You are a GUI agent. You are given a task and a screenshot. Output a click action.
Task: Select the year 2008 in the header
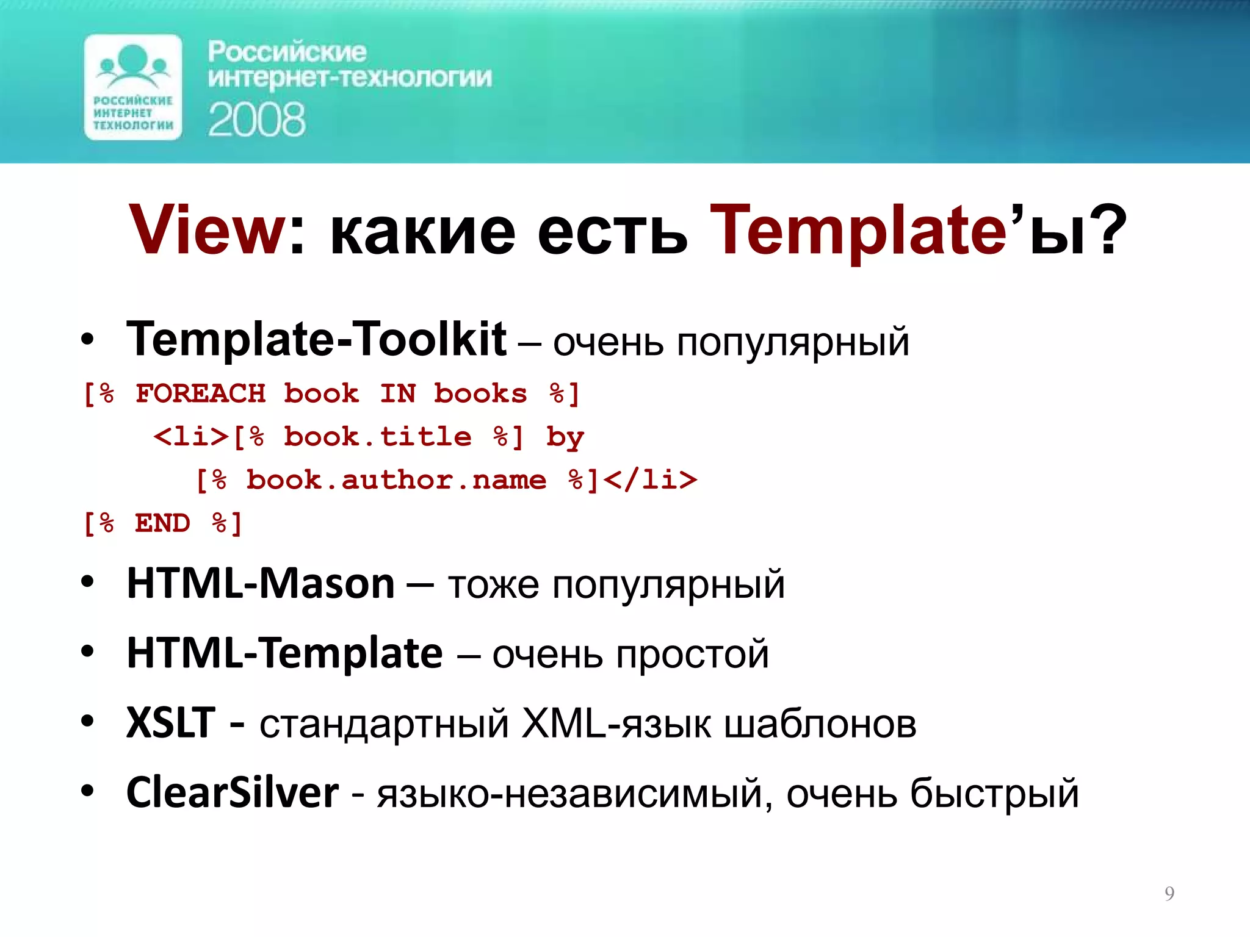tap(256, 120)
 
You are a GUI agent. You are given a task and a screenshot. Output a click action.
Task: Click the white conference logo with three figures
tap(133, 87)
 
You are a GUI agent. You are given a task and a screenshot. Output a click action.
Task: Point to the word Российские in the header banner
tap(287, 52)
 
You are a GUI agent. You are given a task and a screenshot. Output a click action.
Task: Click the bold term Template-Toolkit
tap(316, 339)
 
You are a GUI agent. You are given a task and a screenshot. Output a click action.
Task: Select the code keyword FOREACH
tap(200, 393)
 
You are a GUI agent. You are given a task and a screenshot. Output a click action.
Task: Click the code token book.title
tap(377, 437)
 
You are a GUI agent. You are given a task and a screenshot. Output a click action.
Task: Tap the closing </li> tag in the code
tap(651, 480)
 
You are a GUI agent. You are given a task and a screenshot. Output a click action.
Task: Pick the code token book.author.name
tap(396, 480)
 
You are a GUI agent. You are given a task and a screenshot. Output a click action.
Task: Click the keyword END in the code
tap(162, 523)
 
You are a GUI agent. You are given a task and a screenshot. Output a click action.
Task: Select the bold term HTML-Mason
tap(261, 584)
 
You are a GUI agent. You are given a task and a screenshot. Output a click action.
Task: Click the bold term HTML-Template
tap(284, 653)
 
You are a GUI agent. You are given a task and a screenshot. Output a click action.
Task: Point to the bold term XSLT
tap(171, 723)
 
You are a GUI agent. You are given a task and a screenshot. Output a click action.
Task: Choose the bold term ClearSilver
tap(232, 792)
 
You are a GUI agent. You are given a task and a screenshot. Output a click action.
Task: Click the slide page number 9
tap(1169, 893)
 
